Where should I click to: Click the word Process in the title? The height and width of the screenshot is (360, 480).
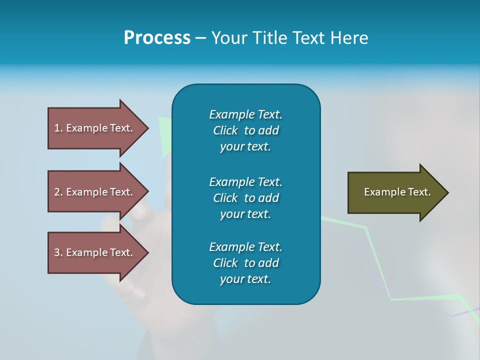[157, 37]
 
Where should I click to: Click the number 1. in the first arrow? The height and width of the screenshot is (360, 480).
[58, 128]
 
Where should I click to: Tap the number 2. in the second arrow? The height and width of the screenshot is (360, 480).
[58, 192]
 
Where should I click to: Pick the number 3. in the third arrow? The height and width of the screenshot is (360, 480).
[58, 252]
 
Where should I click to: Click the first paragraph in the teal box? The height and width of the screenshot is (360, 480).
[245, 130]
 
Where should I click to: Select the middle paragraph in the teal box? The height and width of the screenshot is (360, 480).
[245, 197]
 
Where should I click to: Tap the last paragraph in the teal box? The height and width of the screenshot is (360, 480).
[245, 263]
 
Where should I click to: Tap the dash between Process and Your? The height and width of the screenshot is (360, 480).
[200, 38]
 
